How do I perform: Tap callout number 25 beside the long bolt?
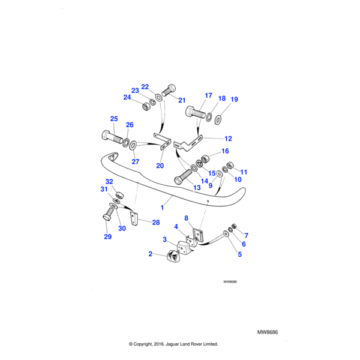[114, 119]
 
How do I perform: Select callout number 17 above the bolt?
[208, 95]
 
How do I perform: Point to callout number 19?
[234, 99]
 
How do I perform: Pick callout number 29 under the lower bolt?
[107, 237]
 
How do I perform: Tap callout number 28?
[156, 223]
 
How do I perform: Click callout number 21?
[182, 100]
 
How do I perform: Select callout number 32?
[109, 182]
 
